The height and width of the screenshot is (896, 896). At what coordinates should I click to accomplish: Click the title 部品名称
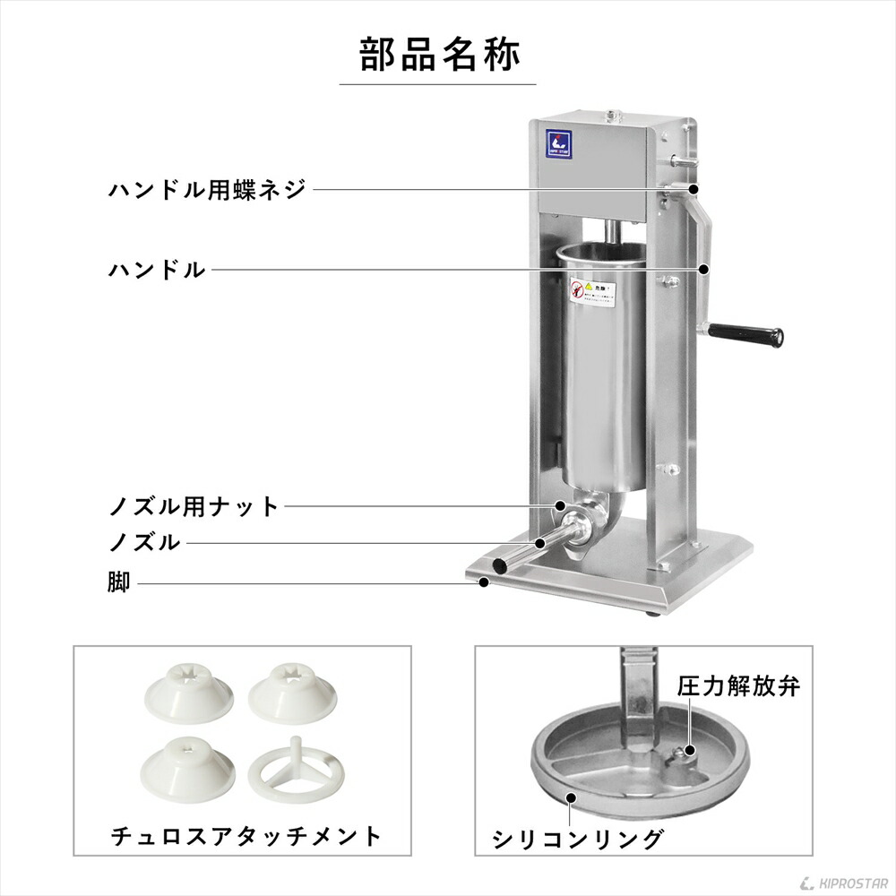[x=438, y=55]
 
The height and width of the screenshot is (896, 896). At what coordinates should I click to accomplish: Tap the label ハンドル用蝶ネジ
[x=207, y=190]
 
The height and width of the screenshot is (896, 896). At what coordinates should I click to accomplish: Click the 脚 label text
[x=119, y=583]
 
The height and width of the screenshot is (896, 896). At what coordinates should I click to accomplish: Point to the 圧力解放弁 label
[x=737, y=687]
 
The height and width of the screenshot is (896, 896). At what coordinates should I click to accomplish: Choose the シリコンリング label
[x=578, y=839]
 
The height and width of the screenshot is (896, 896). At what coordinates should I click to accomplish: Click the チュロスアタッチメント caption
[x=246, y=837]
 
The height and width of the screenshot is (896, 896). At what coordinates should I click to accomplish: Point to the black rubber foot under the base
[x=655, y=614]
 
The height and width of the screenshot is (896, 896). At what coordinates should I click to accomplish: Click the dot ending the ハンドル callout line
[x=704, y=268]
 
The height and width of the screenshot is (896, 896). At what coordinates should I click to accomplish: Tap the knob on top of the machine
[x=614, y=116]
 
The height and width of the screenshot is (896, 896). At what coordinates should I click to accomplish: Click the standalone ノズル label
[x=144, y=543]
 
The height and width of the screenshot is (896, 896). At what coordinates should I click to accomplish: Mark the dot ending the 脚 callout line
[x=484, y=583]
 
